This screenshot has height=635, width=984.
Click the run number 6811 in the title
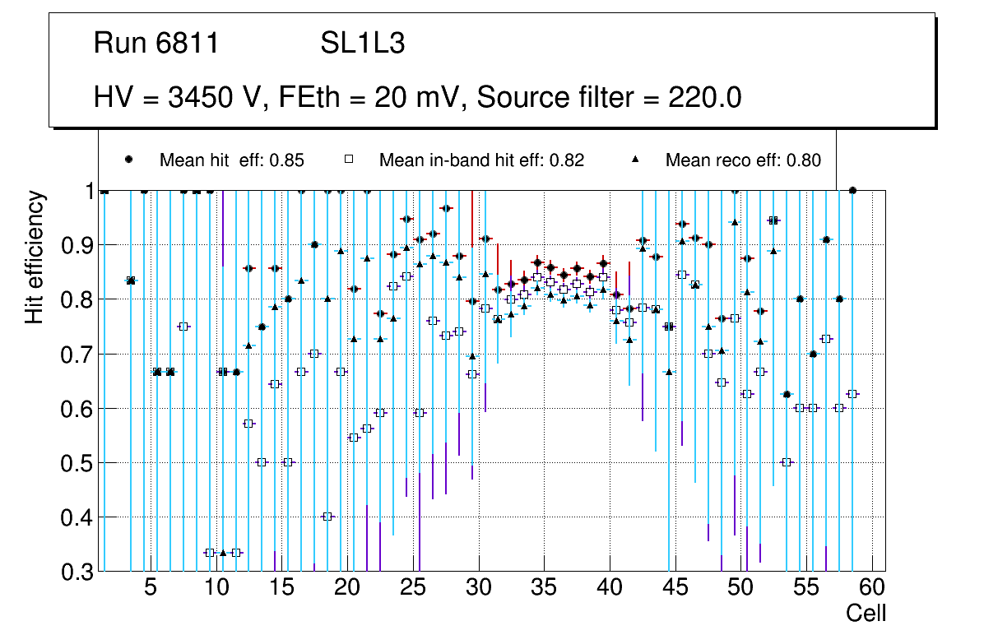tap(188, 44)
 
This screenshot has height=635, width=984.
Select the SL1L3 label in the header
tap(362, 44)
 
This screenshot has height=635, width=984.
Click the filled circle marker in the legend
tap(129, 160)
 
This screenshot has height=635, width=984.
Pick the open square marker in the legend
tap(348, 160)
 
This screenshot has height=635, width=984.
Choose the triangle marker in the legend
tap(635, 160)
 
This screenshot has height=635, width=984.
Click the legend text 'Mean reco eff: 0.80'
tap(742, 160)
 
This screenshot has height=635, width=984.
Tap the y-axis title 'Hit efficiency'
tap(34, 257)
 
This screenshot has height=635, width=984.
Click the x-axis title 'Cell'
tap(866, 614)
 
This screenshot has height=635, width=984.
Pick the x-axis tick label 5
tap(150, 588)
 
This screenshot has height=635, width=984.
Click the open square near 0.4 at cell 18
tap(327, 517)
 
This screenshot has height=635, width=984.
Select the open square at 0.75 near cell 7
tap(183, 327)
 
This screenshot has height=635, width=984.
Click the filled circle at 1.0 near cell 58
tap(852, 190)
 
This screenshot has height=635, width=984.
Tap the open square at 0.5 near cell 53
tap(787, 462)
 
